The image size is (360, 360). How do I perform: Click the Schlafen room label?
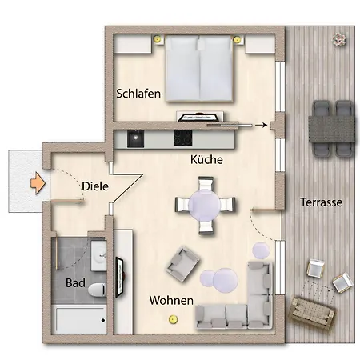(139, 94)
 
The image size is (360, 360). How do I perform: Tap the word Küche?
(206, 160)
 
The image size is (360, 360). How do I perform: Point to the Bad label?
(75, 283)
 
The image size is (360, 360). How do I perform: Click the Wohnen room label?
(170, 301)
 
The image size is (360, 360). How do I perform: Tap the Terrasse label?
(321, 202)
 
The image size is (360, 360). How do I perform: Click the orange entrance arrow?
(35, 182)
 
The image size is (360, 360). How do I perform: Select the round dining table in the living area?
(206, 204)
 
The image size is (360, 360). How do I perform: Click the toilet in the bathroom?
(97, 288)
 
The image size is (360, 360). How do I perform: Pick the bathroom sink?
(99, 257)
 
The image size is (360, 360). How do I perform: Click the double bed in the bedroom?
(198, 72)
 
